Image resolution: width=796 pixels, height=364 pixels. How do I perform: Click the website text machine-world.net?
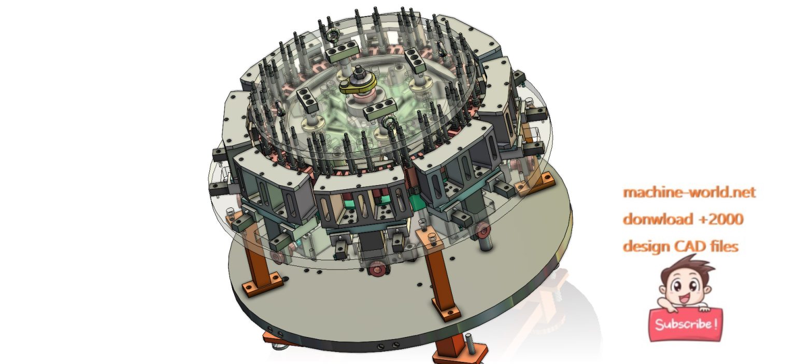(689, 192)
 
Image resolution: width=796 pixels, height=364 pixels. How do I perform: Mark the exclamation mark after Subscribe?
(716, 324)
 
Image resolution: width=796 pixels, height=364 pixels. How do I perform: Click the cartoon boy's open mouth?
(684, 298)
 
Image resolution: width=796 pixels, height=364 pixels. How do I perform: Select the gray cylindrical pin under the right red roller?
(485, 243)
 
